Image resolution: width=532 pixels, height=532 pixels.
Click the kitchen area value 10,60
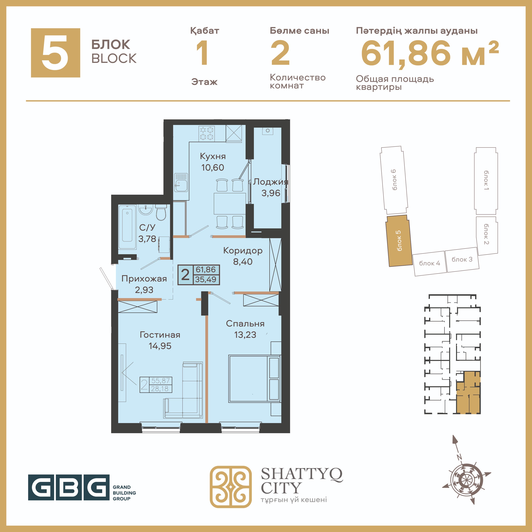click(x=213, y=167)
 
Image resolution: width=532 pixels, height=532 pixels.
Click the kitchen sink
click(x=181, y=182)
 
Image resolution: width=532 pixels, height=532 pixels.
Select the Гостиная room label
click(x=160, y=335)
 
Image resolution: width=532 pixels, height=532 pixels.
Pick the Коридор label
click(x=243, y=251)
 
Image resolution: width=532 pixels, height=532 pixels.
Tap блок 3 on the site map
click(x=462, y=260)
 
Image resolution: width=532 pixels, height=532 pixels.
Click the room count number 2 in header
click(x=280, y=53)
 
